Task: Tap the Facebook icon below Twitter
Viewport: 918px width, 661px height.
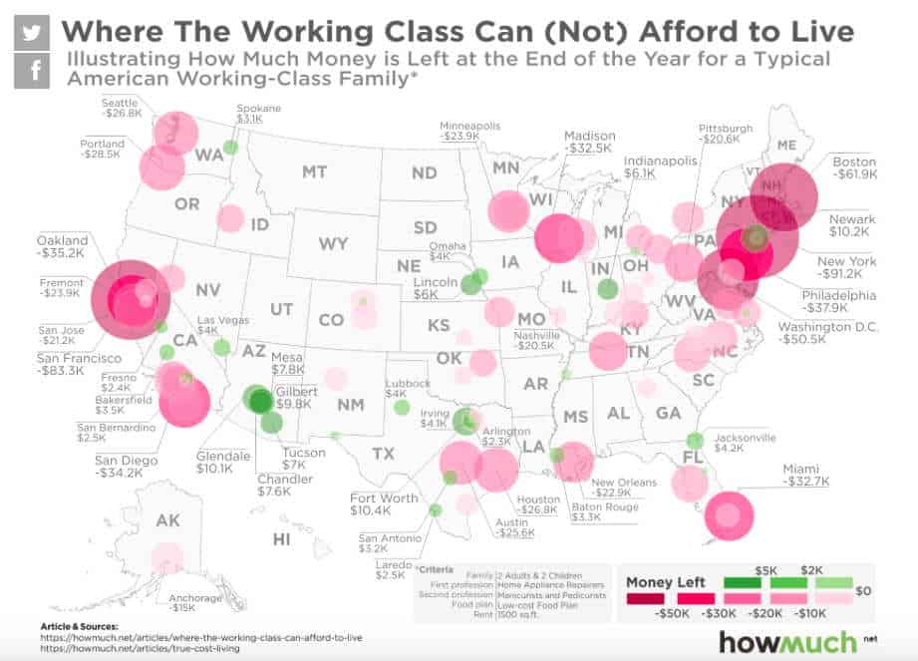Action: (32, 70)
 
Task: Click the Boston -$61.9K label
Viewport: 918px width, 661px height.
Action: (854, 168)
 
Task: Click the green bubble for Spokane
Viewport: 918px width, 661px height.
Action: (229, 148)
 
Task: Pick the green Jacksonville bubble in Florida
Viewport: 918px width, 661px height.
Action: (695, 440)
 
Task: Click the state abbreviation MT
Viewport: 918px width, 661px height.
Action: (314, 171)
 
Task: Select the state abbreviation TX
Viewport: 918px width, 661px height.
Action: (383, 454)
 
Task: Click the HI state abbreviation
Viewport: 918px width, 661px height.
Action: (282, 539)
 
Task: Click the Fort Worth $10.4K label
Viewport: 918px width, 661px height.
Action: (384, 503)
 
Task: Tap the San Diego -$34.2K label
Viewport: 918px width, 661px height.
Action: (124, 466)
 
